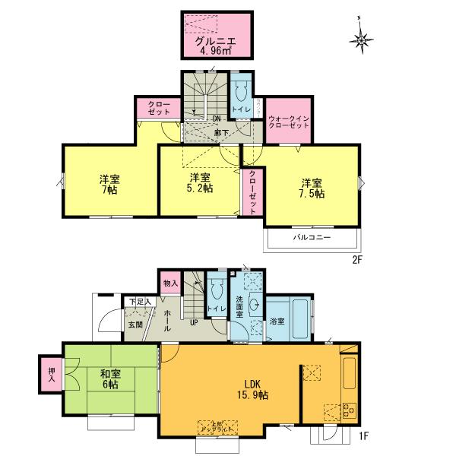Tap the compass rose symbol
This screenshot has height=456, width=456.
(362, 35)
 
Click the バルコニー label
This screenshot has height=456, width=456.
(312, 238)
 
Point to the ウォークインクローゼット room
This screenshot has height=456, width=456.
(289, 121)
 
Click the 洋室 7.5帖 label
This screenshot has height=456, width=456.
(312, 188)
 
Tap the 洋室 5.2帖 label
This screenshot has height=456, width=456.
(200, 184)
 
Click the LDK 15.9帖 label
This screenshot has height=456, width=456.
(252, 389)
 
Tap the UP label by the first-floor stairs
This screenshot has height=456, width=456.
(194, 322)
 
